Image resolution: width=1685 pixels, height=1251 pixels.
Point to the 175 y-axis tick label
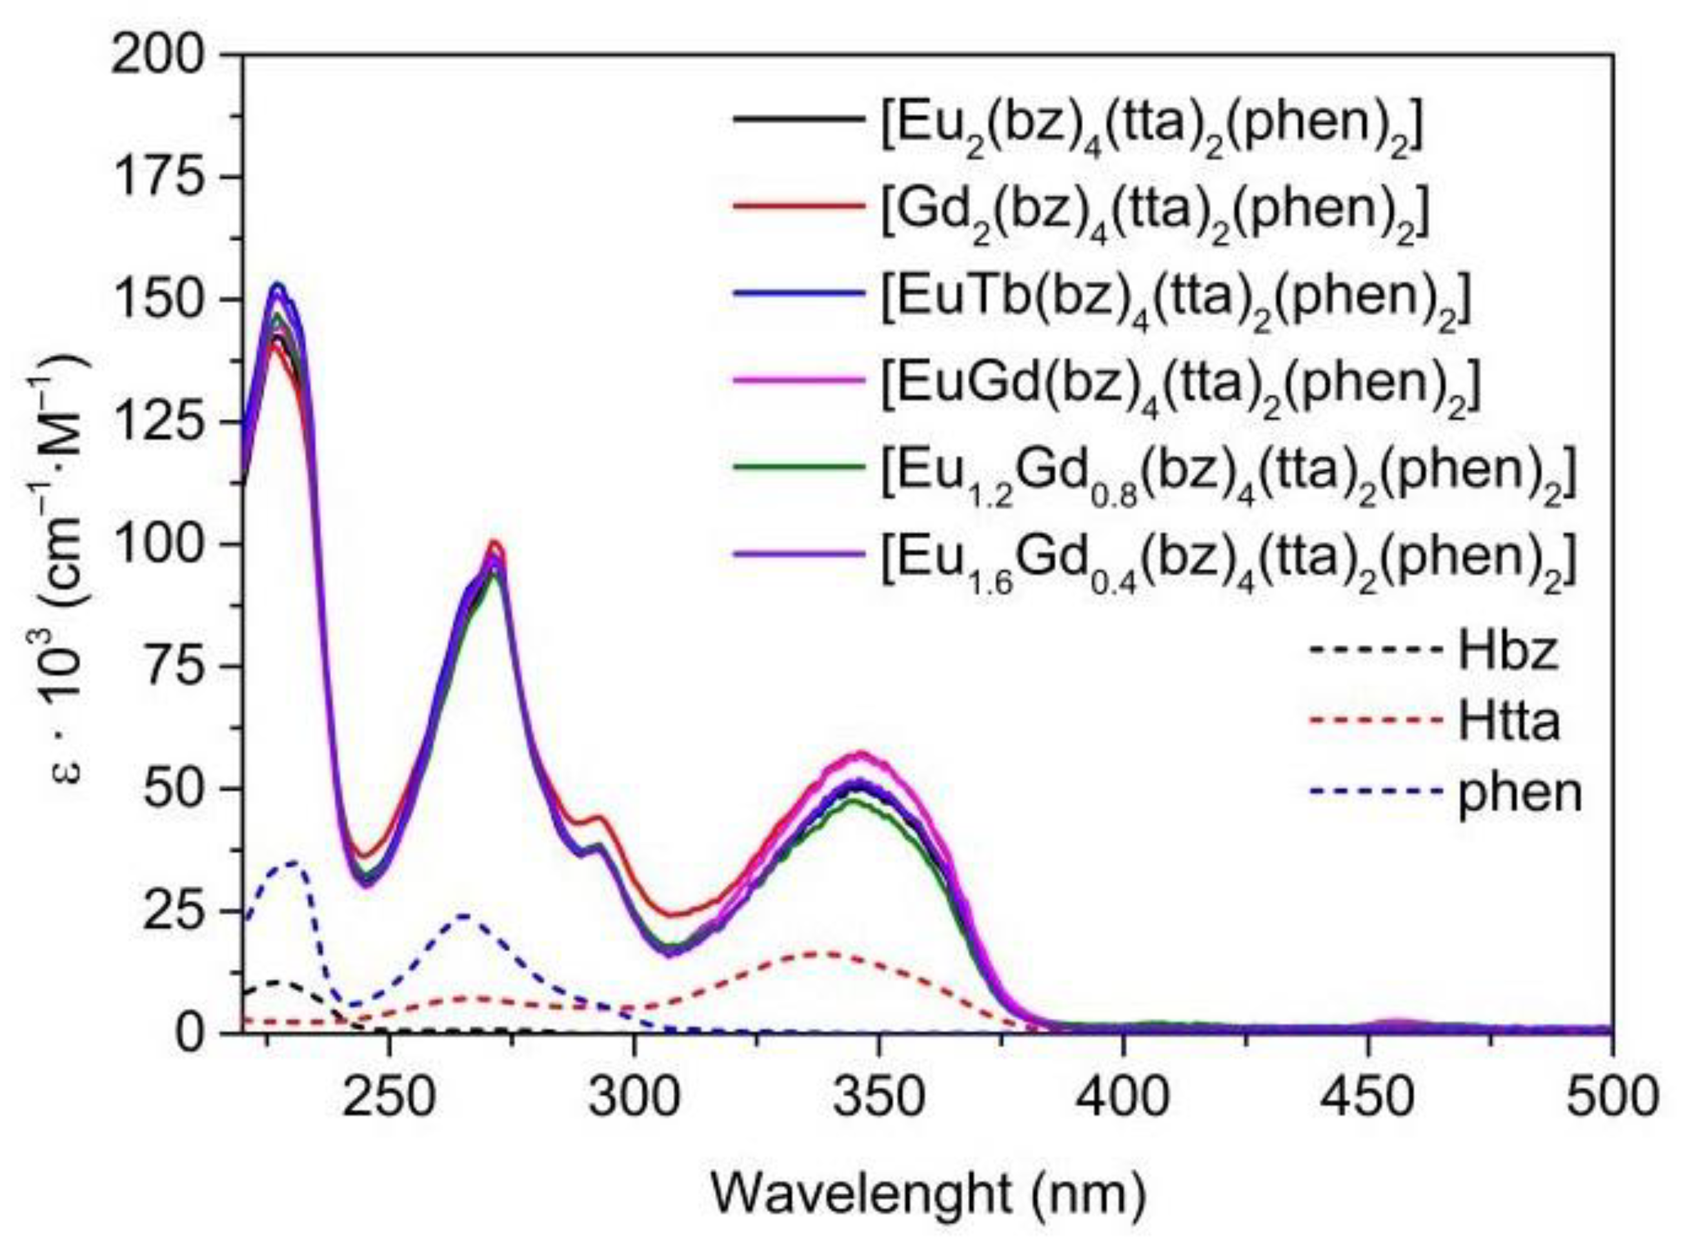coord(157,178)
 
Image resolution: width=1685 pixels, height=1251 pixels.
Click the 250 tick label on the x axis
coord(389,1097)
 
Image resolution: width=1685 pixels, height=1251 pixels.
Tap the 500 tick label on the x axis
coord(1611,1097)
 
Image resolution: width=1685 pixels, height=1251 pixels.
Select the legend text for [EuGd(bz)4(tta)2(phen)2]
coord(1178,387)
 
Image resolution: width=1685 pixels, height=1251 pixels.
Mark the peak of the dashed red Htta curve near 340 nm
coord(831,953)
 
